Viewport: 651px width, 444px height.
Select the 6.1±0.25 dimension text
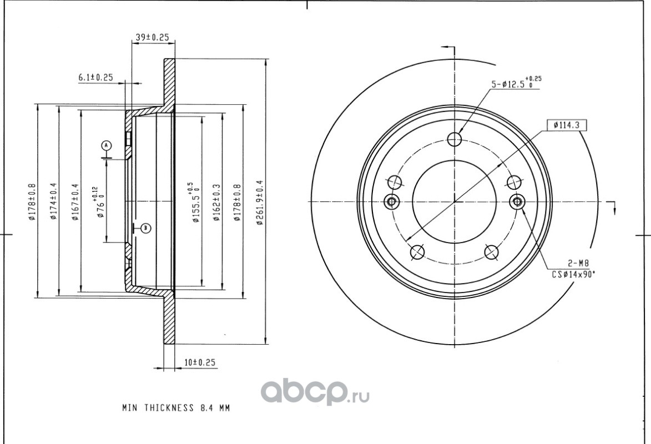(95, 77)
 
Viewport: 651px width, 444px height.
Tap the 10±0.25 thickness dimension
(200, 362)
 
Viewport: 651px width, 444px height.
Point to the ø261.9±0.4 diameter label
(260, 203)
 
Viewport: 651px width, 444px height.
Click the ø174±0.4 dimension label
(53, 201)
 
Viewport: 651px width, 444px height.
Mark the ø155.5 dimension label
(194, 202)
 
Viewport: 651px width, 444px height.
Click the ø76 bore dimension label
(98, 202)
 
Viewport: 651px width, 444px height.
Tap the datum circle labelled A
(107, 145)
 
